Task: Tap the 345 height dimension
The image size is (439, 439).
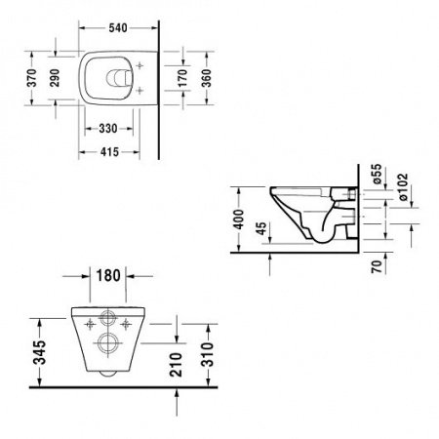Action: (34, 346)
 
